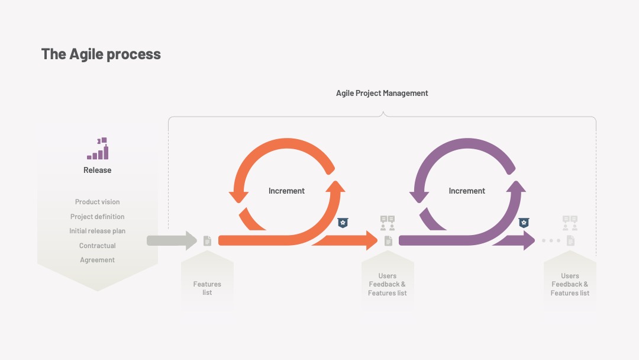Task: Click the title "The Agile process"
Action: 101,54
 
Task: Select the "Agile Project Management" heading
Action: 382,94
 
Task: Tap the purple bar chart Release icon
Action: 98,149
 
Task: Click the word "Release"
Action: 98,170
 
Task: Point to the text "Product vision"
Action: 98,202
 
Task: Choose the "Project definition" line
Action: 98,217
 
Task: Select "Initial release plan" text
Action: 98,231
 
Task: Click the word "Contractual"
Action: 98,246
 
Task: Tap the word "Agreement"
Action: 98,260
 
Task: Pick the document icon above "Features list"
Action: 208,240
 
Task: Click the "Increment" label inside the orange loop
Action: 286,191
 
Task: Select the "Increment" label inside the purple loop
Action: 467,191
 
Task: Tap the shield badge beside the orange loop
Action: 343,223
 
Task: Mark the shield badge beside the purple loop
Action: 524,223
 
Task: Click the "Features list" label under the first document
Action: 207,288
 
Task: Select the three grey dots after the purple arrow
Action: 551,240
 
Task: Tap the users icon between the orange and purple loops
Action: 388,223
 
